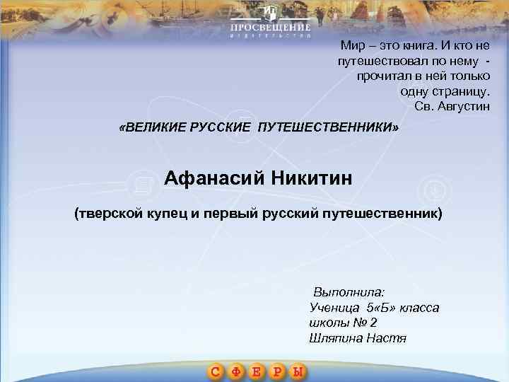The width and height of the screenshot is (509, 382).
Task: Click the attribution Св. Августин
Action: click(452, 107)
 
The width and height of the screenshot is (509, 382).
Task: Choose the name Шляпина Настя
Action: click(358, 337)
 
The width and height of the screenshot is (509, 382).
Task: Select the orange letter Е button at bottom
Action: click(258, 371)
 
